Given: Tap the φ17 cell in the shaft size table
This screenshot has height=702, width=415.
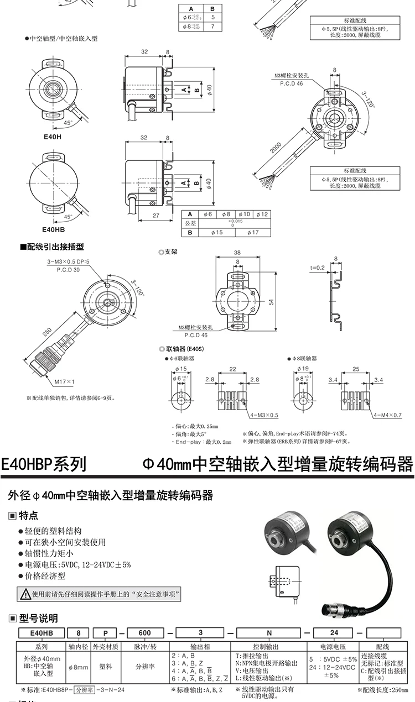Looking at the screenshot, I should [252, 233].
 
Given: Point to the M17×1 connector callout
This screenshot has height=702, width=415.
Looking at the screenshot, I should [65, 381].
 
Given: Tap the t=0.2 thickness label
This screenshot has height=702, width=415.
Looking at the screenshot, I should [318, 266].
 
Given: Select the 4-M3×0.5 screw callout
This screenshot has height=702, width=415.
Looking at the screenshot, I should [264, 415].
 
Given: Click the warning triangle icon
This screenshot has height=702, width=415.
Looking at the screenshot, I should [25, 594].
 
